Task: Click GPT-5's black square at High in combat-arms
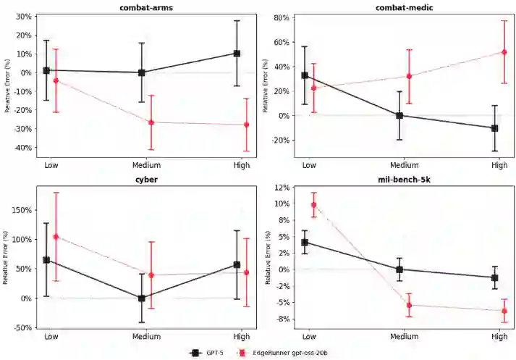click(x=237, y=53)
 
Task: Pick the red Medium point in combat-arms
click(x=151, y=122)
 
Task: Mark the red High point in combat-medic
click(x=504, y=52)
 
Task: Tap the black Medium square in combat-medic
click(x=399, y=115)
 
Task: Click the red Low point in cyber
click(x=56, y=237)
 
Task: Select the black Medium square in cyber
click(x=141, y=298)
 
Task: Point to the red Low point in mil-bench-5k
click(x=314, y=205)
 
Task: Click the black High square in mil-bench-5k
click(x=495, y=277)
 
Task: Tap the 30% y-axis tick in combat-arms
click(x=24, y=16)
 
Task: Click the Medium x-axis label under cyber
click(x=141, y=337)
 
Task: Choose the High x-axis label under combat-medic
click(x=499, y=165)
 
